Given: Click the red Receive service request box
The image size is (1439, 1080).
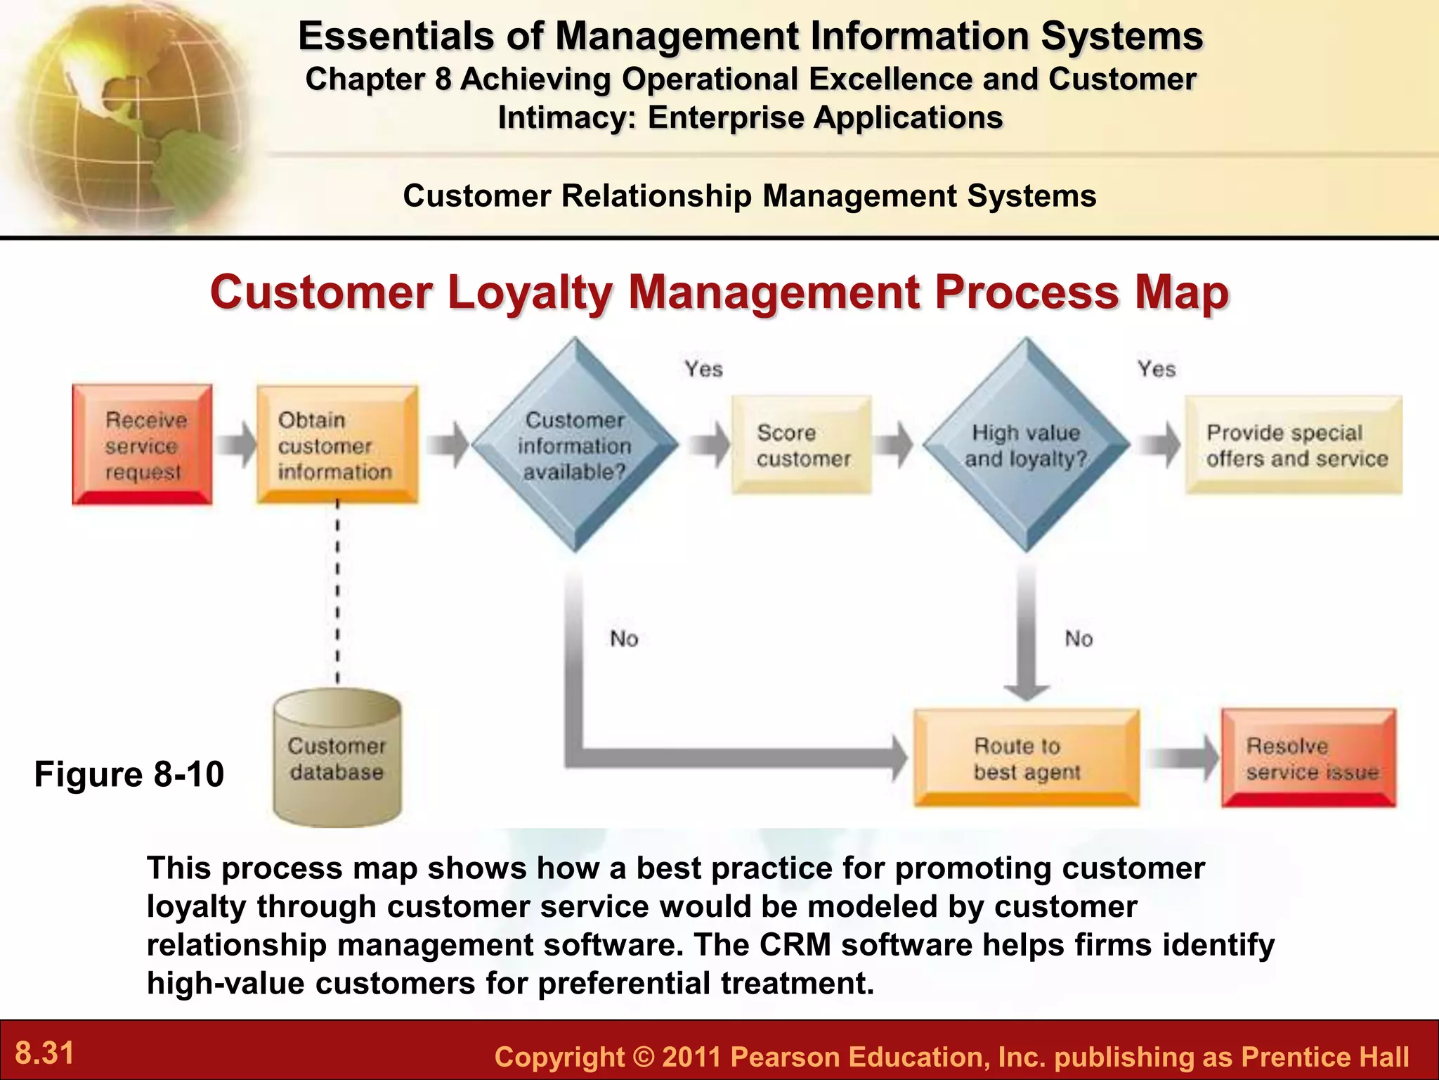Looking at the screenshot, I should click(142, 444).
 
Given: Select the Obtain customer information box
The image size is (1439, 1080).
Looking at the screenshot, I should click(337, 444).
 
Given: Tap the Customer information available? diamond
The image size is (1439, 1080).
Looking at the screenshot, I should click(575, 444).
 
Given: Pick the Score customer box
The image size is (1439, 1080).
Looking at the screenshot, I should click(802, 444).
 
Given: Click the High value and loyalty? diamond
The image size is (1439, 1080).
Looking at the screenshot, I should click(1026, 444).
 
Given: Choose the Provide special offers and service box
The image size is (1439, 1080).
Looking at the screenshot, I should click(1294, 444).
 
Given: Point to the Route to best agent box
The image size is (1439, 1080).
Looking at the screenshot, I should click(1027, 758).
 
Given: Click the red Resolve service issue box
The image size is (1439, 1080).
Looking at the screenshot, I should click(1308, 758).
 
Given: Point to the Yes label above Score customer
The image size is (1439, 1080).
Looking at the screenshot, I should click(703, 369).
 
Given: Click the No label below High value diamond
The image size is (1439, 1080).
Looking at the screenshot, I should click(1079, 638).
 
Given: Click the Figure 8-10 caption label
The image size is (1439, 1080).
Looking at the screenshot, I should click(129, 774).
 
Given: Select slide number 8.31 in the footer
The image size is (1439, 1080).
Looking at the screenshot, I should click(45, 1053).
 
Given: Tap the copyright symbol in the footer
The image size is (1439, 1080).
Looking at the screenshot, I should click(642, 1057).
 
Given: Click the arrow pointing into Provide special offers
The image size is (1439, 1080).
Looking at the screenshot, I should click(1159, 444).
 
